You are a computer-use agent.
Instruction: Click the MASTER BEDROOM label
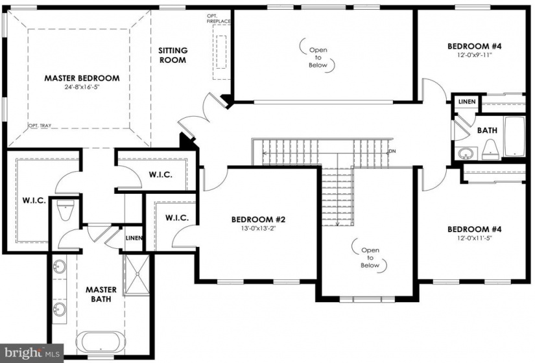point(82,78)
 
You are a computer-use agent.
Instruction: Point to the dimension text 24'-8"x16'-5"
point(82,87)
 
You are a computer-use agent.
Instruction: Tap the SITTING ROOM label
point(172,55)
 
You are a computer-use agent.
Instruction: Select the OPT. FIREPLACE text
point(219,18)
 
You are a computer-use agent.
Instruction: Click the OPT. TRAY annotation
point(40,126)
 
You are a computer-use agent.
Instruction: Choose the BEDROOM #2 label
point(258,219)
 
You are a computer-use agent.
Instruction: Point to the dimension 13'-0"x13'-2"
point(258,229)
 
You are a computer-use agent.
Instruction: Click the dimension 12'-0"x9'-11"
point(475,55)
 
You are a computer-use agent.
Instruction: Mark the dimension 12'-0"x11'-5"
point(475,238)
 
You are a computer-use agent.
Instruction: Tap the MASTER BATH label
point(101,294)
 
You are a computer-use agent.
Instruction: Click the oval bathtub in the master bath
point(101,342)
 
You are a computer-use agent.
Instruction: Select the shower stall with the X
point(136,274)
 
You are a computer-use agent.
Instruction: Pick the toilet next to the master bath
point(65,210)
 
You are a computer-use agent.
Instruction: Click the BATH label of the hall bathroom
point(487,130)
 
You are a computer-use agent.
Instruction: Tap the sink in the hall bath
point(465,153)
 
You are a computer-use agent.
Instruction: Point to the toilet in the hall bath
point(491,150)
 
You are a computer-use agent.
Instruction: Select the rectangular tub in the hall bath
point(514,137)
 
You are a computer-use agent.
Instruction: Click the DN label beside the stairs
point(392,151)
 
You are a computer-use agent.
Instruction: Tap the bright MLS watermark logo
point(32,353)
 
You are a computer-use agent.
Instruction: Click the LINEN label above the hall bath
point(467,101)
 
